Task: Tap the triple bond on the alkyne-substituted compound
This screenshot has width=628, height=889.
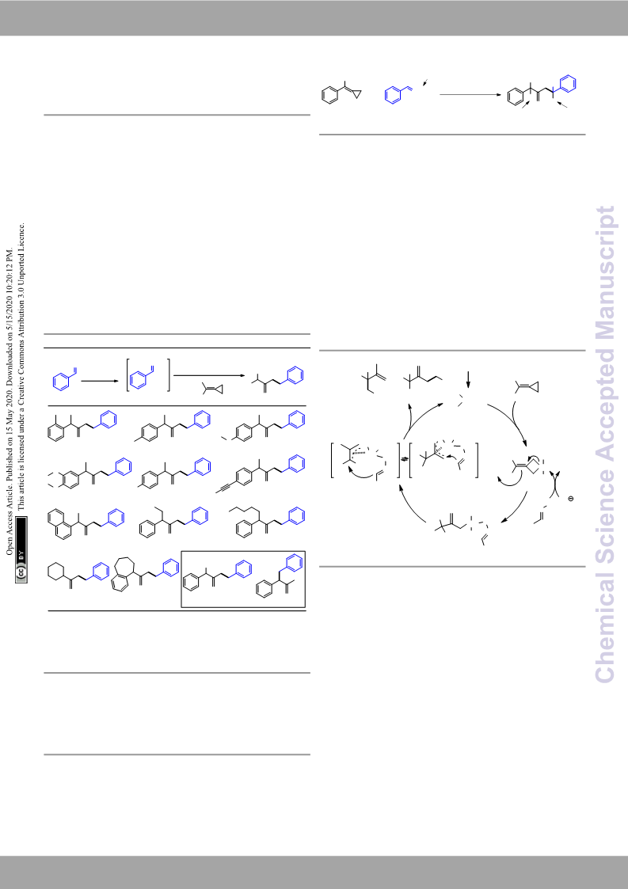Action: tap(225, 488)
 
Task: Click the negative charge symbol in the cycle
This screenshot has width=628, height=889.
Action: tap(570, 499)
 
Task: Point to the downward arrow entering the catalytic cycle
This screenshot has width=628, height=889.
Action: tap(468, 380)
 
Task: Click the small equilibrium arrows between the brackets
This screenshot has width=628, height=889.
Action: tap(404, 459)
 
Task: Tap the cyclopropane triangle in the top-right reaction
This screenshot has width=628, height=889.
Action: tap(356, 95)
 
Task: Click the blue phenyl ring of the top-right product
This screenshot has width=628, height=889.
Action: tap(567, 84)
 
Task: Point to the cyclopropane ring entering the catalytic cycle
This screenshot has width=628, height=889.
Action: tap(532, 387)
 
